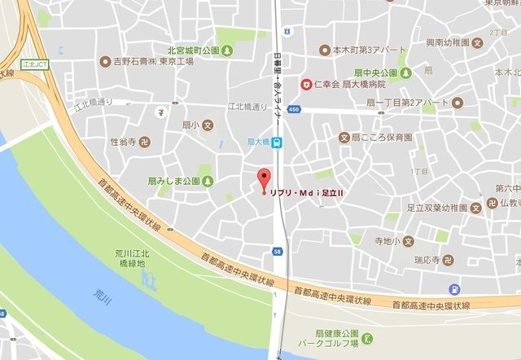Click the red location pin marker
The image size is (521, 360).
[262, 179]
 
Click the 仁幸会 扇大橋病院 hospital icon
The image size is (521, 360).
[306, 83]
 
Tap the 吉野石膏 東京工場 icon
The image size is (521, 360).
[104, 61]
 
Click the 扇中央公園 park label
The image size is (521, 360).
[377, 72]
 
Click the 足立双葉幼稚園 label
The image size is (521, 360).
[437, 208]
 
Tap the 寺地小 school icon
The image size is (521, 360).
[409, 241]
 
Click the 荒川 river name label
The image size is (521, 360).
[101, 292]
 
